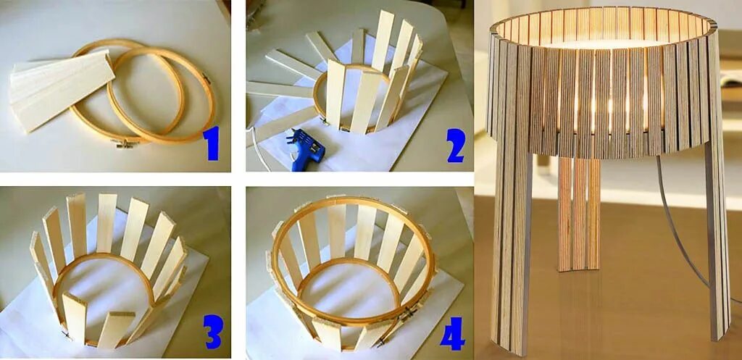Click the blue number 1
click(211, 143)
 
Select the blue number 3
click(212, 331)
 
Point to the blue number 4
click(452, 333)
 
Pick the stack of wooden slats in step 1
click(62, 89)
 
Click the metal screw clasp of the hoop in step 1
click(128, 143)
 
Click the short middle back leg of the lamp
click(579, 214)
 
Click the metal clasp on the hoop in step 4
click(408, 313)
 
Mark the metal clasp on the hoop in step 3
click(66, 335)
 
